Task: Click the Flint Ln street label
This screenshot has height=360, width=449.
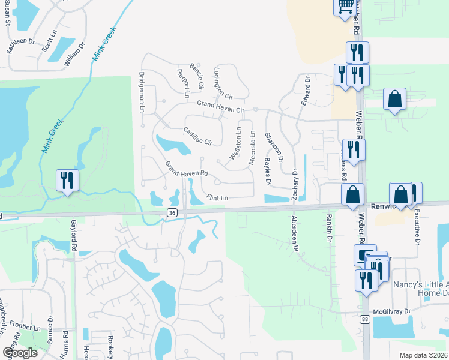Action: pyautogui.click(x=217, y=197)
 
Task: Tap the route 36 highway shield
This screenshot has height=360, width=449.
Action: pyautogui.click(x=172, y=212)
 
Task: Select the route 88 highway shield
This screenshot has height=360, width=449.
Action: pyautogui.click(x=365, y=320)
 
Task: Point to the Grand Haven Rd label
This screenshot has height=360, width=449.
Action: pyautogui.click(x=187, y=170)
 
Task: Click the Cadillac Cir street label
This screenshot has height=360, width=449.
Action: pyautogui.click(x=198, y=136)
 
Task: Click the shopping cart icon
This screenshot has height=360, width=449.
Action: pyautogui.click(x=345, y=7)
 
